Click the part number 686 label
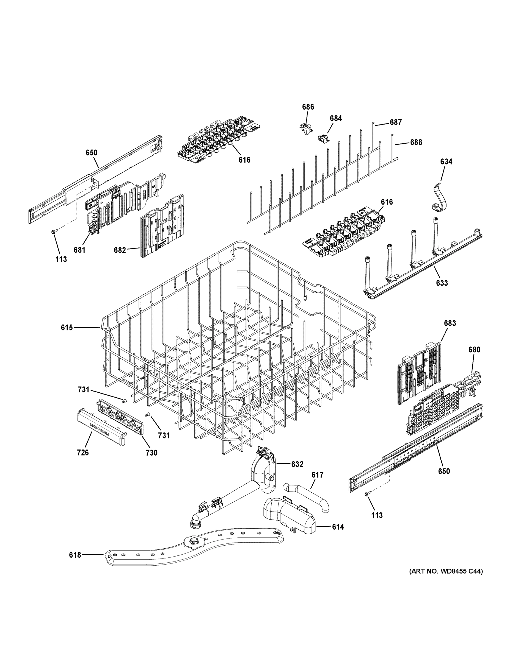click(x=308, y=107)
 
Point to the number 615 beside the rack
click(x=67, y=327)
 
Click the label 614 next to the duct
click(x=338, y=527)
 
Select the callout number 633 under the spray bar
click(x=442, y=283)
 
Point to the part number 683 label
click(x=450, y=323)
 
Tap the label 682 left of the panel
click(x=120, y=250)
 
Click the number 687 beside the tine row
click(x=396, y=122)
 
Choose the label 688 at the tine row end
click(x=416, y=142)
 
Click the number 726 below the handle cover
click(x=83, y=461)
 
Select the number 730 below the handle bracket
click(x=152, y=461)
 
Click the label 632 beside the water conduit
click(x=297, y=464)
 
